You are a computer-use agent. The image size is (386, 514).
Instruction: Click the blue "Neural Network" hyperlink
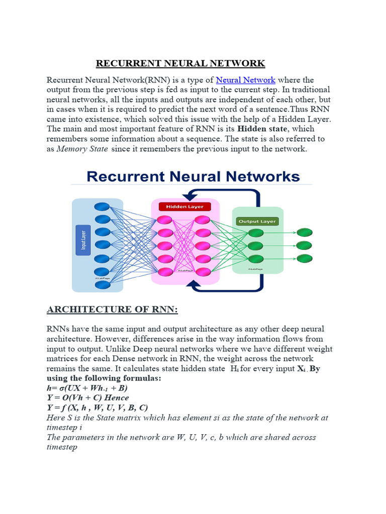pos(246,80)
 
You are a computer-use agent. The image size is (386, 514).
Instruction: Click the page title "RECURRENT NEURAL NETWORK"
pos(180,63)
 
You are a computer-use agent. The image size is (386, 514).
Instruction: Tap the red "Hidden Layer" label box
pos(184,206)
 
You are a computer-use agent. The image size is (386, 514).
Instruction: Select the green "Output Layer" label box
pos(256,221)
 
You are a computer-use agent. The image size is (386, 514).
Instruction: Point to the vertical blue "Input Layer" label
pos(83,240)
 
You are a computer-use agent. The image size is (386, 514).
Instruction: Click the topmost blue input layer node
pos(103,206)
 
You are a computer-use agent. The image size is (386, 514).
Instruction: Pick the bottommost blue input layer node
pos(103,285)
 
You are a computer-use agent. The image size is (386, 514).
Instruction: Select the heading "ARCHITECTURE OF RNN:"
pos(113,309)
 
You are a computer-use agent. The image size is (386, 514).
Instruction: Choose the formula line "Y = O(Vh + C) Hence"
pos(88,398)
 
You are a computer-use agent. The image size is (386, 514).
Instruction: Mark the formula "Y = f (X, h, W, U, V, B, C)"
pos(105,407)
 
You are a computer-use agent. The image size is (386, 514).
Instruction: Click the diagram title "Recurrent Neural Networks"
pos(194,176)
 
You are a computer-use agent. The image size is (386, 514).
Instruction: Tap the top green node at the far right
pos(304,232)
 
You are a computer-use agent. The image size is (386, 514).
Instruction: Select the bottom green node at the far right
pos(304,259)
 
